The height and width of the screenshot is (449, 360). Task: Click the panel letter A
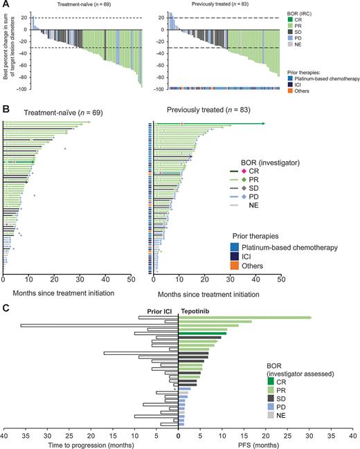coord(6,5)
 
